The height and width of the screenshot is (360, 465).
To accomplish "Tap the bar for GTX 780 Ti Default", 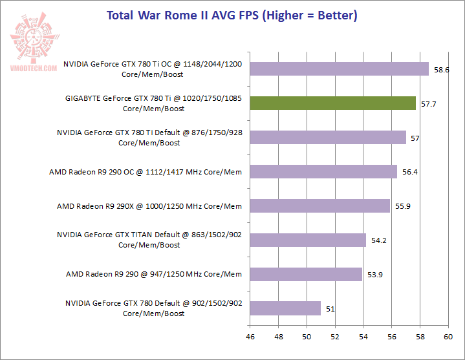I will pos(328,137).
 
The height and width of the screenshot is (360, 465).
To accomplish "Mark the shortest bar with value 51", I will pos(285,308).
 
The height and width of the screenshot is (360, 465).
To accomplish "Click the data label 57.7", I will pos(429,103).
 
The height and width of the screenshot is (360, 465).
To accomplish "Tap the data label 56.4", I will pos(410,172).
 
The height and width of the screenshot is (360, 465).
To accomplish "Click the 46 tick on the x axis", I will pos(250,337).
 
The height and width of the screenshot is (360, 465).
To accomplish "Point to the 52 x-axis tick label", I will pos(335,337).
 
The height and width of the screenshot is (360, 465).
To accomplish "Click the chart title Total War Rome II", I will pos(232,15).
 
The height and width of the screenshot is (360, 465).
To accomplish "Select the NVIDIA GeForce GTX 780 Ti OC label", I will pos(153,69).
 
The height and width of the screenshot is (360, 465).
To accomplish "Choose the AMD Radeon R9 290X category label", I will pos(149,206).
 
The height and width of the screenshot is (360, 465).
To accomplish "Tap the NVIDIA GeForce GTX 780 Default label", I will pos(153,308).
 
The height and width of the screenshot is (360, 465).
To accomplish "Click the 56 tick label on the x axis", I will pos(391,337).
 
